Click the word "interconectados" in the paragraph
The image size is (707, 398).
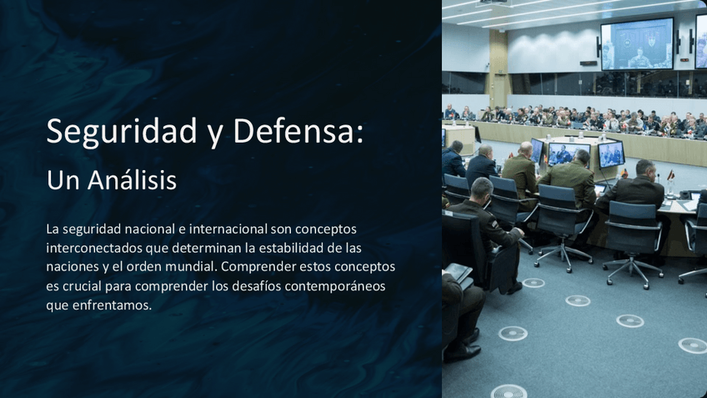[94, 248]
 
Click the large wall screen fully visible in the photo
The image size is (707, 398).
[637, 43]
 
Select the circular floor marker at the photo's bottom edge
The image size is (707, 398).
[509, 390]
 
